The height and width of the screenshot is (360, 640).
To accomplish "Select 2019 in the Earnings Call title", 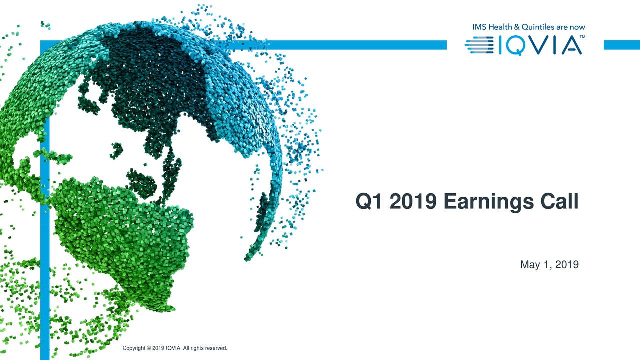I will click(x=413, y=202).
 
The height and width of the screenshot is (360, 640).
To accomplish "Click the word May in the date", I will click(x=530, y=265).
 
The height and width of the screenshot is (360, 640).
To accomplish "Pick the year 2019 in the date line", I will click(x=567, y=265).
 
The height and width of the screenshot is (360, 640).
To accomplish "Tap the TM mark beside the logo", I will click(x=582, y=37).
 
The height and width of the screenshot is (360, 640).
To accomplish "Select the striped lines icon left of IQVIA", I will click(x=479, y=46).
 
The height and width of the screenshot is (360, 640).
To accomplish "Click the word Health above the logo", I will click(x=500, y=27).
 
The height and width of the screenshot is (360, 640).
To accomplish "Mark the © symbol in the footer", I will click(x=149, y=348).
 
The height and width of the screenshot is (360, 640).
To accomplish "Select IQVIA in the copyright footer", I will click(x=173, y=348).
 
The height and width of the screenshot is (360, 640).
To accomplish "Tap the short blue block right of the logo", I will click(x=621, y=45).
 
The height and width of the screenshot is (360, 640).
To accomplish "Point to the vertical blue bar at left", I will click(x=45, y=250).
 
